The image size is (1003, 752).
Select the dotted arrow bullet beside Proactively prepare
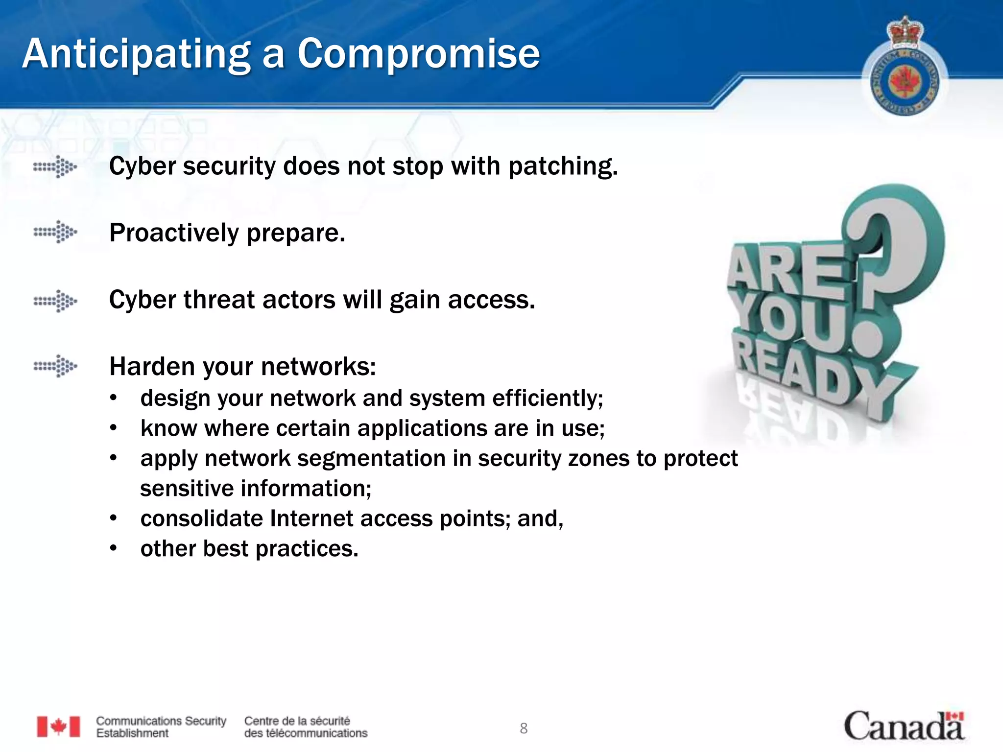point(55,232)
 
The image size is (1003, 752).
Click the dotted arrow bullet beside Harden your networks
point(55,366)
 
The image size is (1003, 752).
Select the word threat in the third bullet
point(219,300)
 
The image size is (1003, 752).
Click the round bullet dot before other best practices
point(114,549)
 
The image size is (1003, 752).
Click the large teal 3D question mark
point(896,245)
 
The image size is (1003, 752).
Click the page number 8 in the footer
point(524,728)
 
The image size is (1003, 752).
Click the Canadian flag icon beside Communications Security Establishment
point(58,727)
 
